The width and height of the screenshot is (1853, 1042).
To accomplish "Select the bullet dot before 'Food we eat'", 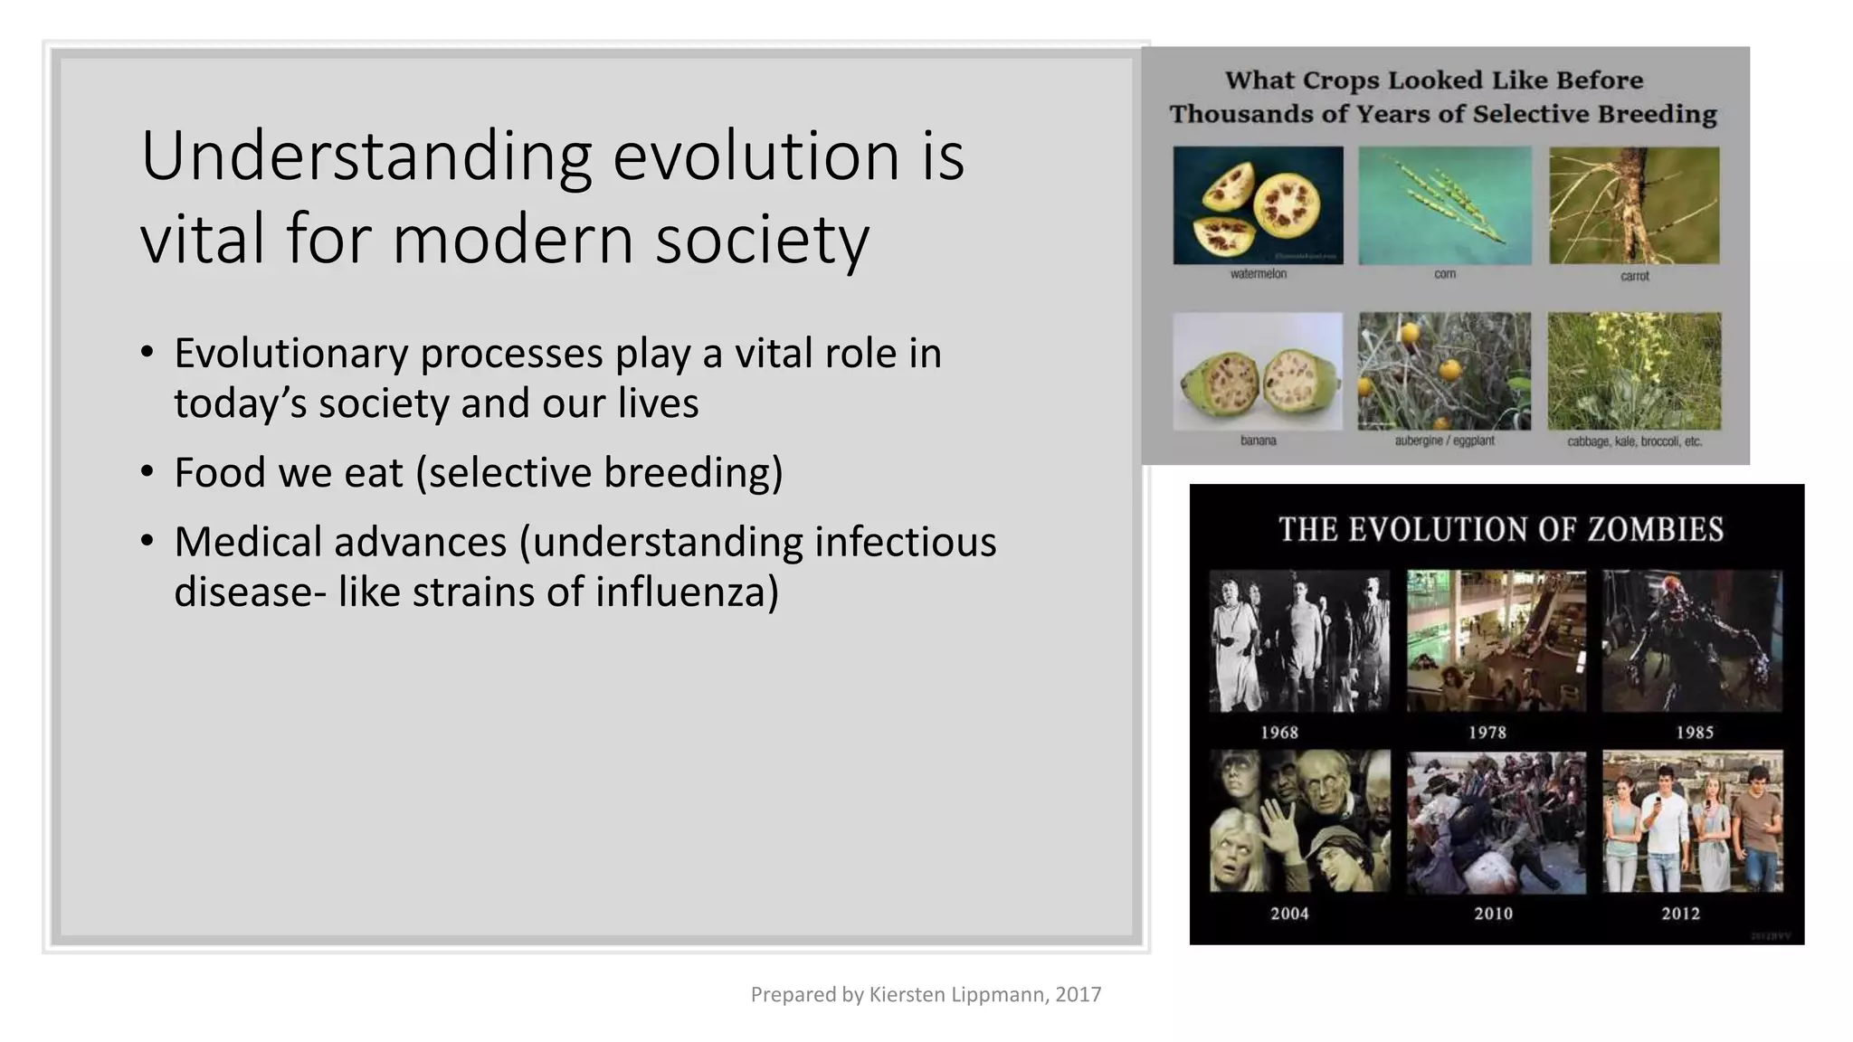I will pos(147,471).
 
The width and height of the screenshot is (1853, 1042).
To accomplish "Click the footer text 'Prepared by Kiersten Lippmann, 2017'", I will pos(926,994).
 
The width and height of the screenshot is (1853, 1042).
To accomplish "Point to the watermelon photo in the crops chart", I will pos(1258,205).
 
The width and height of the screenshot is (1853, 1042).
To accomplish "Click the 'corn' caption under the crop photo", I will pos(1445,274).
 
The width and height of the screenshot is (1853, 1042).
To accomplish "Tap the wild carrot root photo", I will pos(1634,205).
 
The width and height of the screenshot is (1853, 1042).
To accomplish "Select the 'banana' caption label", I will pos(1258,440).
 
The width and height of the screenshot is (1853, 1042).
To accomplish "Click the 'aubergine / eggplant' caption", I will pos(1444,440).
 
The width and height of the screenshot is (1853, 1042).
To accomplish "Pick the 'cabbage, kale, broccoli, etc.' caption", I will pos(1634,441).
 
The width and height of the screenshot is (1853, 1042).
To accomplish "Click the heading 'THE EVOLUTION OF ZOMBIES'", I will pos(1500,529).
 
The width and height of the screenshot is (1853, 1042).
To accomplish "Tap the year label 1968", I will pos(1279,733).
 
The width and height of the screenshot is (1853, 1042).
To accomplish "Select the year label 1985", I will pos(1694,733).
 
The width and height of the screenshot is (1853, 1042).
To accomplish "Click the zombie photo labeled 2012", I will pos(1692,821).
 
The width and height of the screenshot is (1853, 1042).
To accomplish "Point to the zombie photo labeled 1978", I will pos(1496,640).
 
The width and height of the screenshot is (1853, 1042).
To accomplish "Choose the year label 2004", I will pos(1289,914).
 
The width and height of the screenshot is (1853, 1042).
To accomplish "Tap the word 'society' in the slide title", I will pos(762,240).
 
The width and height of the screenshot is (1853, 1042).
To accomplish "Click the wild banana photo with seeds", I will pos(1258,372).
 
